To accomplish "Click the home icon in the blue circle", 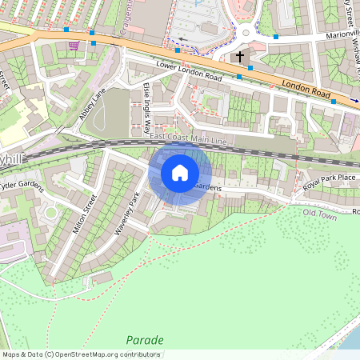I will coord(180,172).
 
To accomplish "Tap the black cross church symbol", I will coord(239,57).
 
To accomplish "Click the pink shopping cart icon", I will coord(74,45).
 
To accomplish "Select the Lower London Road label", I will coord(188,72).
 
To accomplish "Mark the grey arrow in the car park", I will coord(183,38).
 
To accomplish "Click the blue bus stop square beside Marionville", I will coord(276,37).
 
